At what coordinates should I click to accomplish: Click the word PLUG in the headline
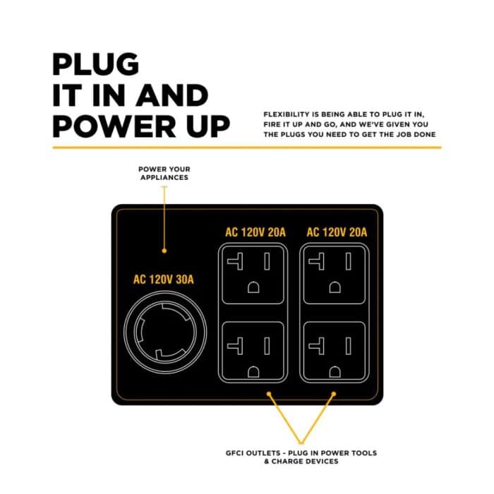[95, 64]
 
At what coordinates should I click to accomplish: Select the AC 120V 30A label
[164, 279]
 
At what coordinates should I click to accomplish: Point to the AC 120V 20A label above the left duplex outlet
[255, 232]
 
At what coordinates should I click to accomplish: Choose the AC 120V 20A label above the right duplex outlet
[337, 232]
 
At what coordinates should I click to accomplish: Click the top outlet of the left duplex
[253, 275]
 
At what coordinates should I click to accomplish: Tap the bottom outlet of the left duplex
[253, 351]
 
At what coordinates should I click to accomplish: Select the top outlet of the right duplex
[335, 275]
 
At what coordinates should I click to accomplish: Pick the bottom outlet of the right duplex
[335, 351]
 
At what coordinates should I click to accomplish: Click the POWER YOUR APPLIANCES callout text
[164, 174]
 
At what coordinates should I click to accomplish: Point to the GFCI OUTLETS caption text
[301, 457]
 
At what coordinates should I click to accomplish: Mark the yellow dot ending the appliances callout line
[164, 251]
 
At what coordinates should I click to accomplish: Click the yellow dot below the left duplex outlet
[269, 394]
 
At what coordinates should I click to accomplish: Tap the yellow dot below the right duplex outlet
[334, 394]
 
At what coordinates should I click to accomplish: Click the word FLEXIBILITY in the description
[287, 114]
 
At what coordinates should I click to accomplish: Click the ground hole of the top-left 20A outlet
[253, 287]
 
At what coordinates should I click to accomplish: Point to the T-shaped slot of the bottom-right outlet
[317, 346]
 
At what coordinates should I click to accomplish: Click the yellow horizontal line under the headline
[247, 147]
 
